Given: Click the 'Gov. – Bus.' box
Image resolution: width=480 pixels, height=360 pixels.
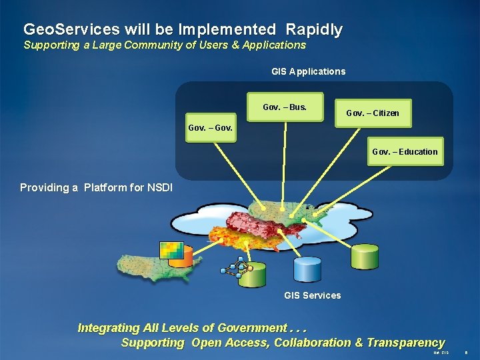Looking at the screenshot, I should tap(285, 107).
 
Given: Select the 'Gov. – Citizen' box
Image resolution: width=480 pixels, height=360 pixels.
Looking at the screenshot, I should tap(373, 113).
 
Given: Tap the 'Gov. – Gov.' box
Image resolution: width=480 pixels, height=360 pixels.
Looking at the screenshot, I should tap(211, 127).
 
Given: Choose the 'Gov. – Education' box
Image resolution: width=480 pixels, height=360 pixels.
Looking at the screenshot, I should tap(405, 152).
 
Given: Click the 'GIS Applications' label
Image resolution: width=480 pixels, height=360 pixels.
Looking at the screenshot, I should tap(308, 71).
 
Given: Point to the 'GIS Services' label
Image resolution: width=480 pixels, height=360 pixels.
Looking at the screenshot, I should tap(312, 295).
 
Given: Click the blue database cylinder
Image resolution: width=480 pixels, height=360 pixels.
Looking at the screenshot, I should tap(307, 270).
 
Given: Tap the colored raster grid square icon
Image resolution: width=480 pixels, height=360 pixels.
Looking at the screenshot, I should tap(171, 249).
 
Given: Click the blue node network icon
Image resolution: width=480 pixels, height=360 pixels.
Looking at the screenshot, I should tap(233, 269).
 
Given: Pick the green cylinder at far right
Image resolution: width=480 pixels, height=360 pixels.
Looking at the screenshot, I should tap(365, 257).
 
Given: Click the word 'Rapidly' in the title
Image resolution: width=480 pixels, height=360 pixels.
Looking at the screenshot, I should tap(314, 30).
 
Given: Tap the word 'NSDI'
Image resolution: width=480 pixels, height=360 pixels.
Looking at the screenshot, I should tap(160, 188).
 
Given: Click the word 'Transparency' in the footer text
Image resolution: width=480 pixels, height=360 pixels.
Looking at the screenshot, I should tap(407, 343).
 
